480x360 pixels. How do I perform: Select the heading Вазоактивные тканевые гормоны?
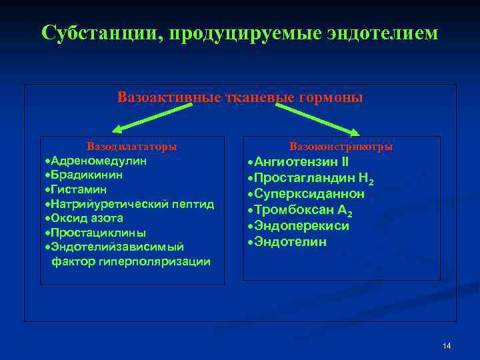(x=240, y=97)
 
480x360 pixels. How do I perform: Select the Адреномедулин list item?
(x=97, y=161)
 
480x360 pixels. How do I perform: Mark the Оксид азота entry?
(x=84, y=218)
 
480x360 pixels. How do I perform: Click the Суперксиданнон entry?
(x=309, y=194)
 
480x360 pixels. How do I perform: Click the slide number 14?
(x=447, y=346)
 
